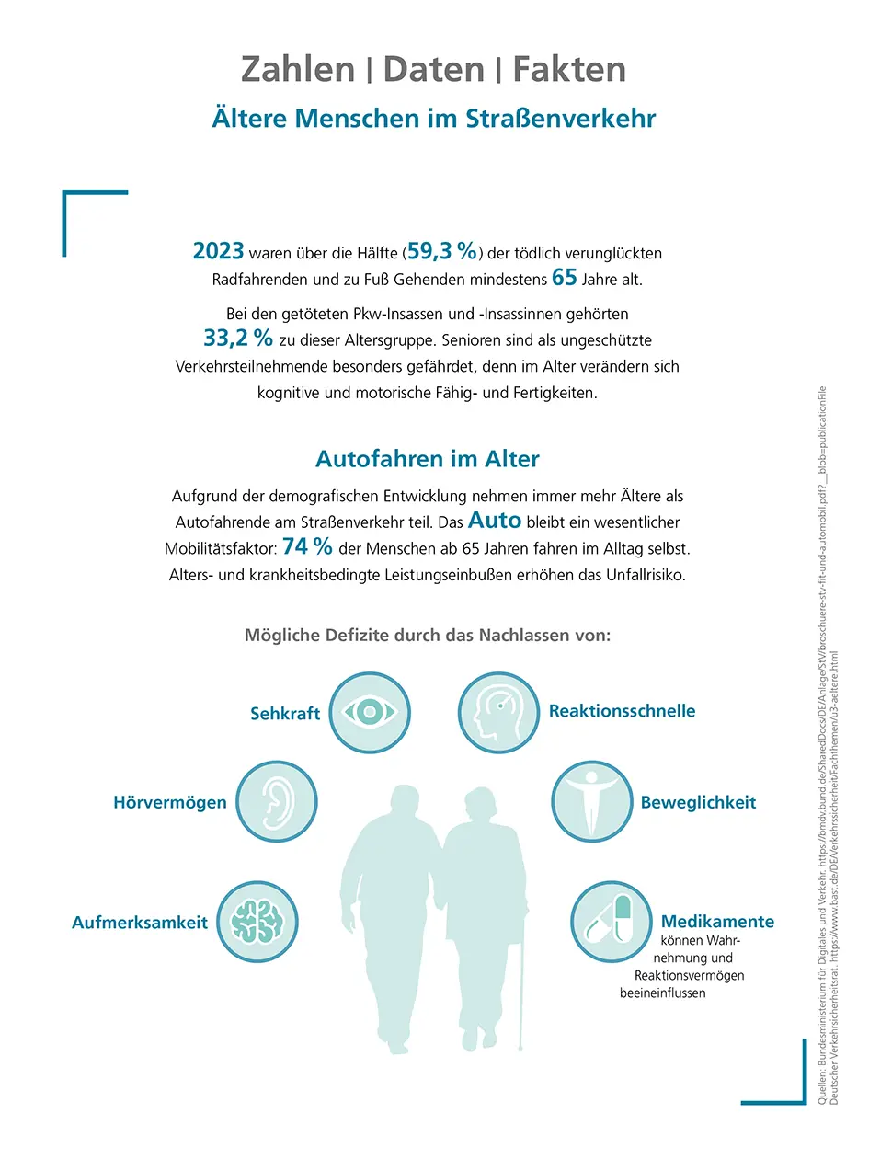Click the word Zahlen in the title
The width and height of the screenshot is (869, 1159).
coord(297,69)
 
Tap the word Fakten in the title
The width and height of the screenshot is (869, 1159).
coord(569,69)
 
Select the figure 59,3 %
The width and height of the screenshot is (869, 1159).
coord(442,251)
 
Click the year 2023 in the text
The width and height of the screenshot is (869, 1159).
coord(218,251)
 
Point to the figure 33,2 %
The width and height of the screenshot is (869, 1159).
coord(238,338)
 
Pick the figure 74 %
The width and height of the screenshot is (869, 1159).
coord(307,546)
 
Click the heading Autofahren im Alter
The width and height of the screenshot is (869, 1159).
coord(428,458)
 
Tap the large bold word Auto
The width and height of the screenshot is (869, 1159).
coord(495,520)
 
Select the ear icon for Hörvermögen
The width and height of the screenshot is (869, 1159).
coord(276,800)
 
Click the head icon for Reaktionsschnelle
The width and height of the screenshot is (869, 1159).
coord(497,711)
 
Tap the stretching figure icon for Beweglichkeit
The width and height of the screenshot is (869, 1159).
coord(589,800)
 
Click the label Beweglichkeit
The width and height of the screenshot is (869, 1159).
coord(698,802)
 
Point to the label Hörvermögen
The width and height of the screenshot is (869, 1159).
coord(169,802)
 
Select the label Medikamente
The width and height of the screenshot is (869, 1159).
coord(717,921)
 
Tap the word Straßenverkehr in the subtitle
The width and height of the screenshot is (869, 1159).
coord(563,120)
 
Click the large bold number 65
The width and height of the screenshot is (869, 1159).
coord(565,278)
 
